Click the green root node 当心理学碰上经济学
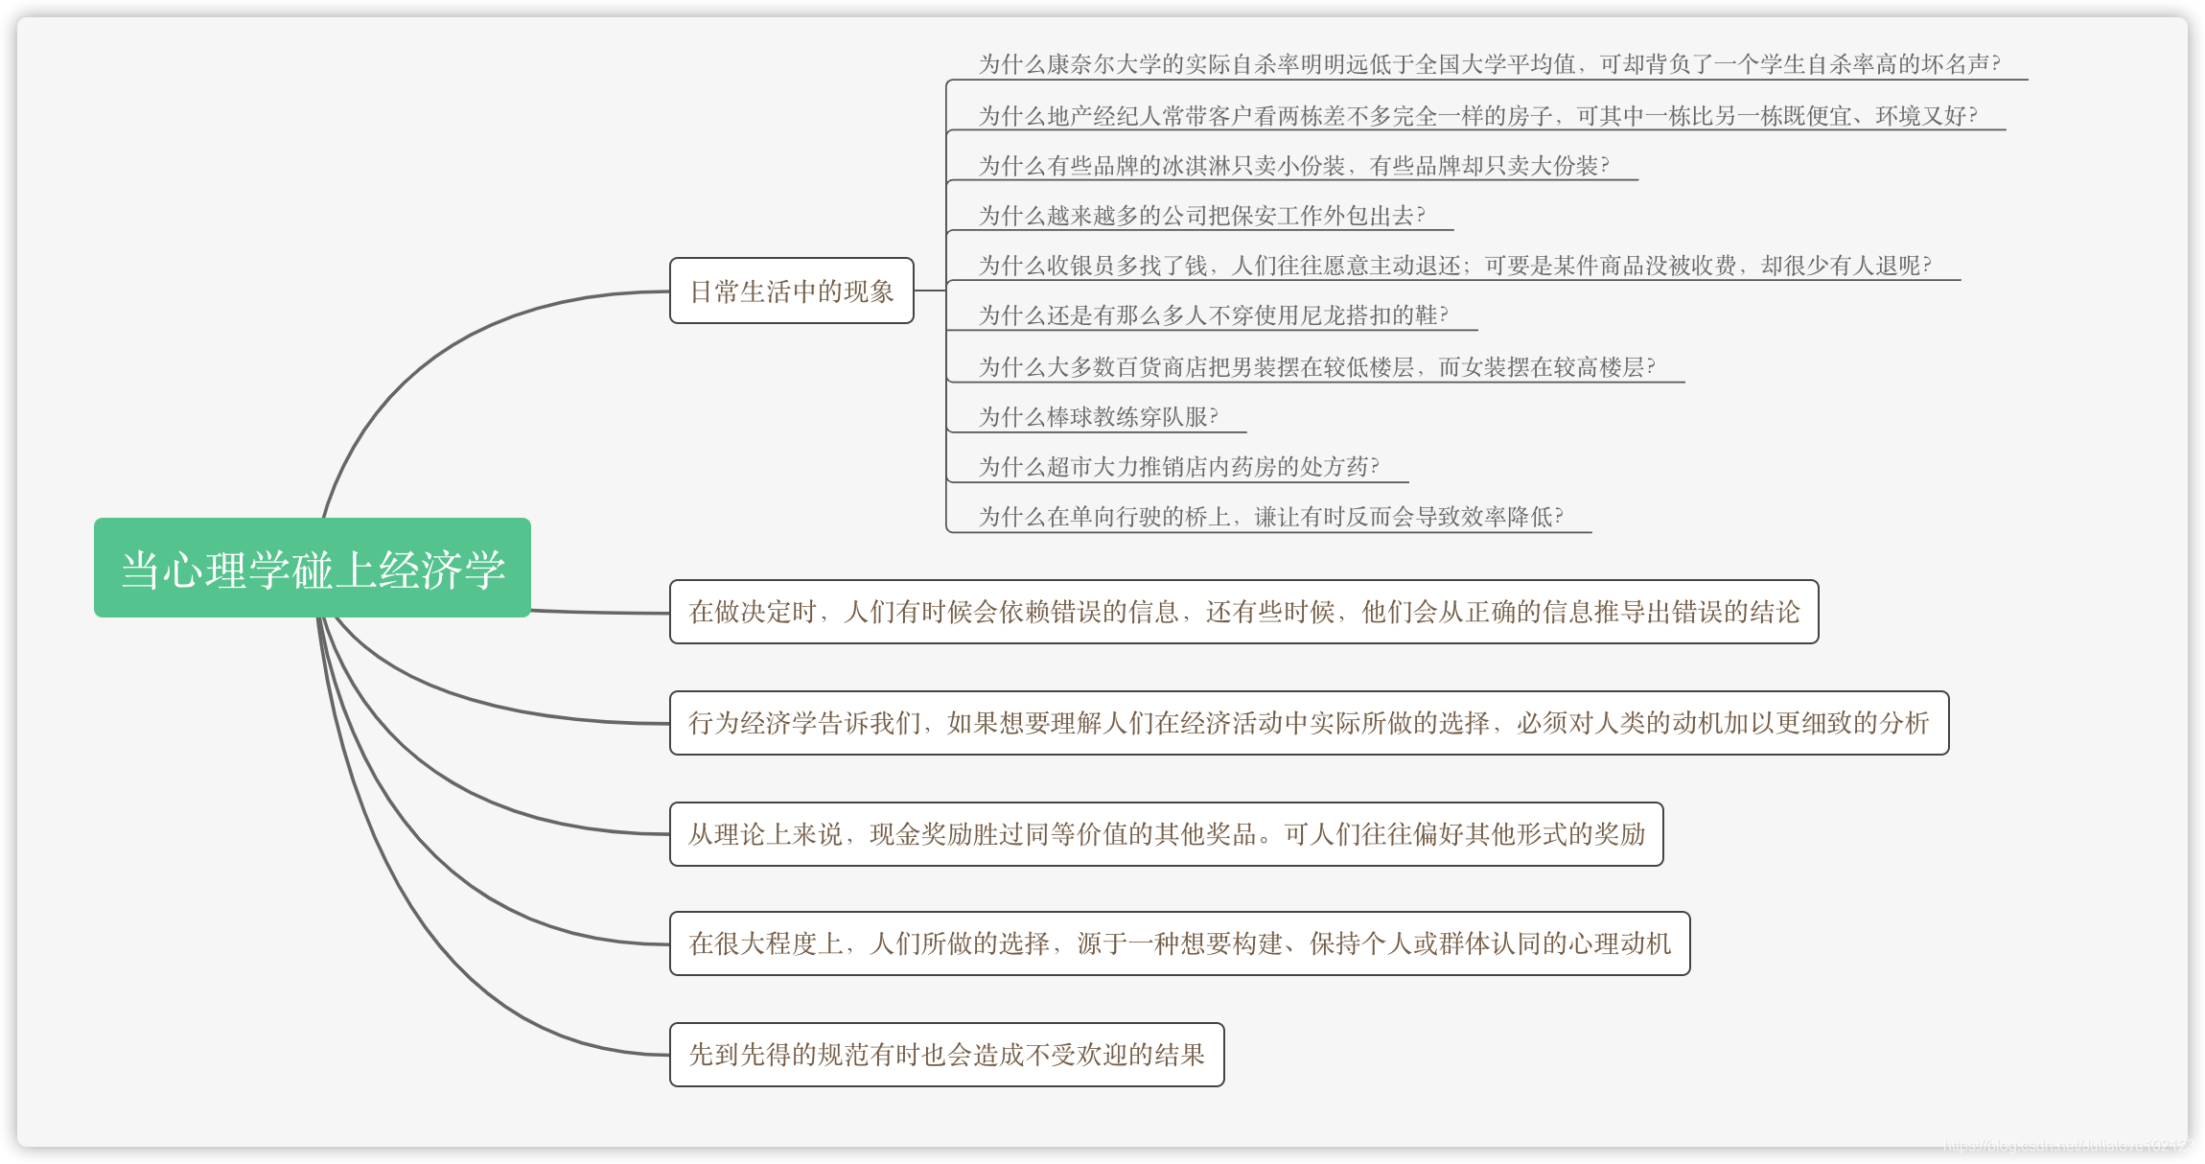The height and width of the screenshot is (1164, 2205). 312,568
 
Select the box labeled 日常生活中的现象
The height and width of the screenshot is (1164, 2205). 791,291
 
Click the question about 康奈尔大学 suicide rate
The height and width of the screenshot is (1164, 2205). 1488,64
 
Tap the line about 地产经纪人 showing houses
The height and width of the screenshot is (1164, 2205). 1476,116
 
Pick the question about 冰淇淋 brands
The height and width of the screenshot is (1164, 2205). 1292,166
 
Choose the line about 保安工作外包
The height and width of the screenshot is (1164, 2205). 1200,216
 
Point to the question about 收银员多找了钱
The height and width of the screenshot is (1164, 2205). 1453,266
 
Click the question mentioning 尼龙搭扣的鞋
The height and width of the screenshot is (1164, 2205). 1212,315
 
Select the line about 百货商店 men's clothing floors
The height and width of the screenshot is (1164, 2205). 1315,367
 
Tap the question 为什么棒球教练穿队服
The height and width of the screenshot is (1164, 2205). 1097,417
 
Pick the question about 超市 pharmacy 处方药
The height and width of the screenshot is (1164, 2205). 1177,467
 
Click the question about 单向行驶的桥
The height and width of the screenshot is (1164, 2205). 1269,517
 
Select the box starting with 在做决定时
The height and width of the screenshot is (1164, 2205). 1243,612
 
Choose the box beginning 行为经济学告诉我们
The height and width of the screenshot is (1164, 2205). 1309,723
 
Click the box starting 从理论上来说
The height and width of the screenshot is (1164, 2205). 1166,834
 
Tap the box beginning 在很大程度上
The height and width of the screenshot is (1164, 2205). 1179,943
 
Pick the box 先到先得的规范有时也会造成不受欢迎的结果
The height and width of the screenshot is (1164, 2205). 946,1055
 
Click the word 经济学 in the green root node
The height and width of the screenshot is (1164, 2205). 442,570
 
